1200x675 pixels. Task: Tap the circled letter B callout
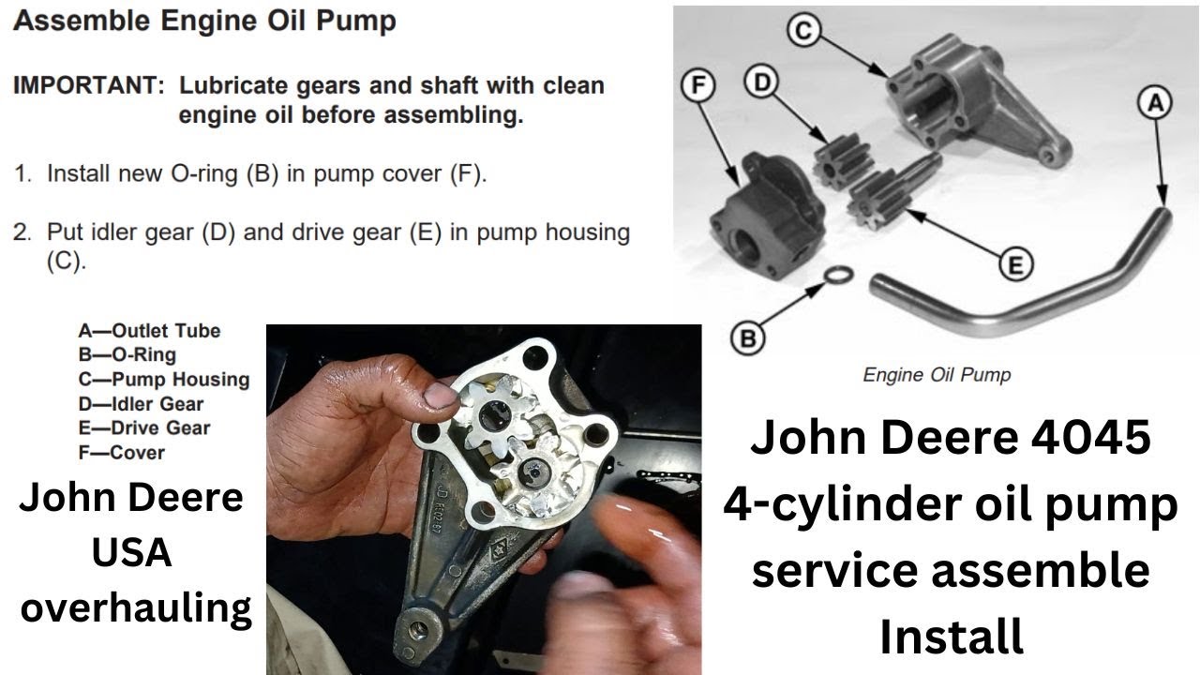click(x=747, y=338)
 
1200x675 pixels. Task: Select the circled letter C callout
click(x=802, y=30)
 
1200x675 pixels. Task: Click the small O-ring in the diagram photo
click(x=841, y=273)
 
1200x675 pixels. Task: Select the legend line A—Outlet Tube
click(x=150, y=331)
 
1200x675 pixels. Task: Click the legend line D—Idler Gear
click(x=141, y=404)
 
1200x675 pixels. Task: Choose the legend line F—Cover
click(x=121, y=453)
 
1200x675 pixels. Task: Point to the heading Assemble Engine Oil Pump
click(x=204, y=21)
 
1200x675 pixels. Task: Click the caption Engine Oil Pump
click(x=937, y=375)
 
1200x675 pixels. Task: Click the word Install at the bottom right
click(x=951, y=637)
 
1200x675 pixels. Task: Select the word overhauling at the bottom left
click(x=136, y=608)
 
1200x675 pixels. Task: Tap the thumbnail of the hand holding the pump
click(x=483, y=499)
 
